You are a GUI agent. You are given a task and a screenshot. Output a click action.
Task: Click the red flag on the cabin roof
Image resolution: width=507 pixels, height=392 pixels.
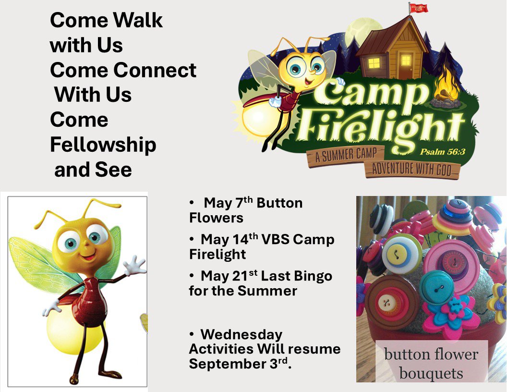[419, 8]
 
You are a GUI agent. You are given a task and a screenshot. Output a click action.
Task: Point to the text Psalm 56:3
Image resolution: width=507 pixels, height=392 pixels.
[443, 151]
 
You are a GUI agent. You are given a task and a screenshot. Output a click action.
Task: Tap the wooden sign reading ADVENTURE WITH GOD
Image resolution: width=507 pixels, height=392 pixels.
[411, 170]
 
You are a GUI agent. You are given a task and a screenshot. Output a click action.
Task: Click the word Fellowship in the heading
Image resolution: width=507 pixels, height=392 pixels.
[103, 145]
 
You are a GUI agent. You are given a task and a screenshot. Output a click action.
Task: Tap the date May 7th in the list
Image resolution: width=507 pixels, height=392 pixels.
[228, 202]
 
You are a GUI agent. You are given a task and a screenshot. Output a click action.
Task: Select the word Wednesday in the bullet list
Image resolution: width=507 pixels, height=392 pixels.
[241, 334]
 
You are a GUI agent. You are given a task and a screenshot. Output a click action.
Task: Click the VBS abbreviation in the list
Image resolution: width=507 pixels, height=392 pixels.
[276, 239]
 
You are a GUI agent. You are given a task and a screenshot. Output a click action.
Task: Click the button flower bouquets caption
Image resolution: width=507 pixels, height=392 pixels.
[431, 364]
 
